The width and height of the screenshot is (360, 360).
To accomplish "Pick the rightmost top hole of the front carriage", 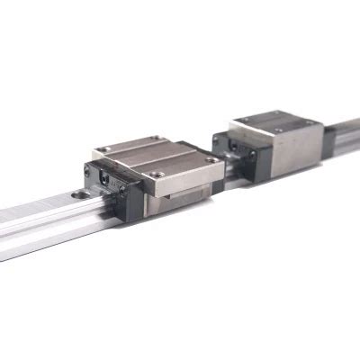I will pos(212,159).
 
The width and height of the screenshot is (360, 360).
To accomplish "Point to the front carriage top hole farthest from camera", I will pos(158,139).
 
